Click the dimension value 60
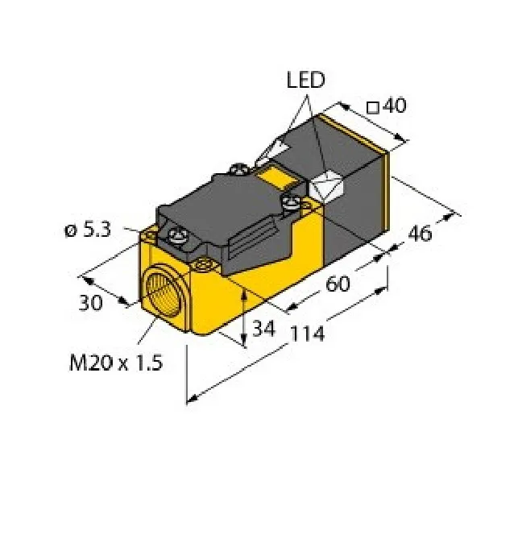(337, 283)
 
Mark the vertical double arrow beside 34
(244, 316)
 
